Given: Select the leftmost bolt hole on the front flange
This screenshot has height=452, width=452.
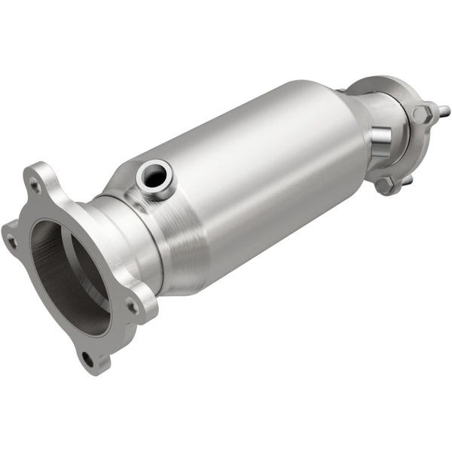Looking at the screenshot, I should coord(11,242).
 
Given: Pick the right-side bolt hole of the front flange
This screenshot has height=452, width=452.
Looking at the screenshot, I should coord(133,306).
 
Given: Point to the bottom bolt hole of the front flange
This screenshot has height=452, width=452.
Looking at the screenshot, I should coord(89,359).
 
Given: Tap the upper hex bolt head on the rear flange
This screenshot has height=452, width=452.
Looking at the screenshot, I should coord(422,114).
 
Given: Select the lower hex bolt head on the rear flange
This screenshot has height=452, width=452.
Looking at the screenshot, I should coord(386,185).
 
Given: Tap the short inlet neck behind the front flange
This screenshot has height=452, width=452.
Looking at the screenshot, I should coord(124,241).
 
